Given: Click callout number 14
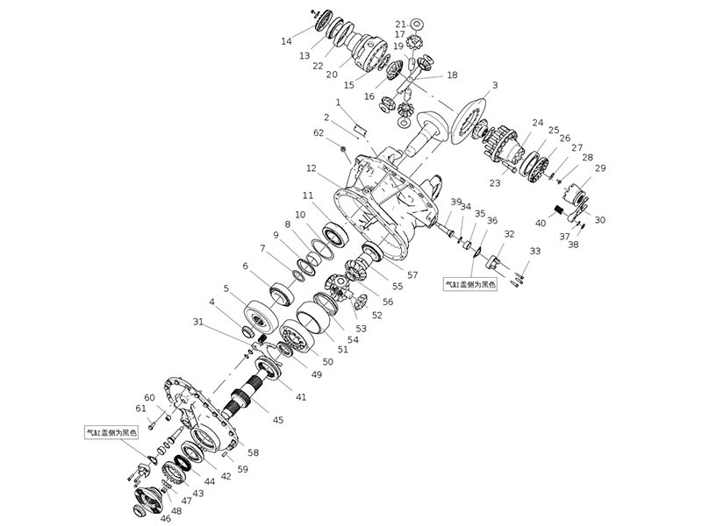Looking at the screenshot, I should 286,41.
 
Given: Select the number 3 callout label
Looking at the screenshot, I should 495,85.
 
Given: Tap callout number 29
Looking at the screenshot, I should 600,167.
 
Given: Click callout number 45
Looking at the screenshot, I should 278,420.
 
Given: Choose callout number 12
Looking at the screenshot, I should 311,167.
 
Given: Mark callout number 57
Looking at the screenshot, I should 412,274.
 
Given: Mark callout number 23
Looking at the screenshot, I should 495,183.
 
